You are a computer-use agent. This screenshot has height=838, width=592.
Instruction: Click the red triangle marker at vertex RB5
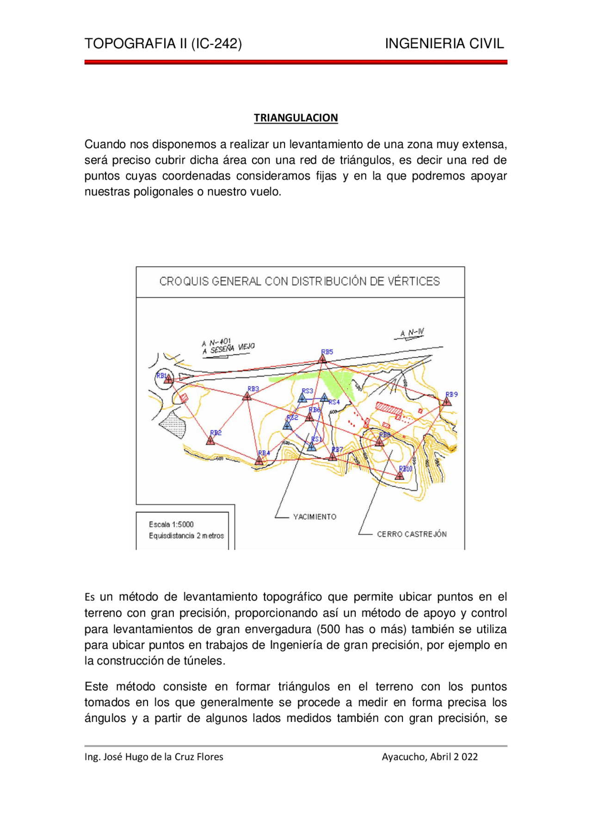pos(322,359)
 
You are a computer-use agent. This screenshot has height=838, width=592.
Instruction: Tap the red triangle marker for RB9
pos(446,402)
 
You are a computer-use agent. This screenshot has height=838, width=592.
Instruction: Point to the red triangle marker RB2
pos(210,441)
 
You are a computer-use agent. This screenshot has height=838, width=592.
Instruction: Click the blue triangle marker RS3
pos(302,398)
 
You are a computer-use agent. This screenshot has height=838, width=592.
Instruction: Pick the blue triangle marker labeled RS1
pos(312,447)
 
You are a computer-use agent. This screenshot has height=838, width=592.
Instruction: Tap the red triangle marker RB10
pos(400,475)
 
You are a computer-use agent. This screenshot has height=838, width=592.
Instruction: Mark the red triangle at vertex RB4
pos(259,460)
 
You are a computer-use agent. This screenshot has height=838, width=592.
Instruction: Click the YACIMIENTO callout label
pos(314,517)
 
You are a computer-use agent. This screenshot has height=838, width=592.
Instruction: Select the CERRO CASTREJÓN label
pos(412,534)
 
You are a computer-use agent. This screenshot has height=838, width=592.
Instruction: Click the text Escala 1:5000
pos(171,524)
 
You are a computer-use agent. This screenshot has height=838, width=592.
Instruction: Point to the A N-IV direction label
pos(412,333)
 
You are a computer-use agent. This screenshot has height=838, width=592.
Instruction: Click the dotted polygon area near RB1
pos(174,424)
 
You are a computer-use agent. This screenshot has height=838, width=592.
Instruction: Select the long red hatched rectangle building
pos(388,408)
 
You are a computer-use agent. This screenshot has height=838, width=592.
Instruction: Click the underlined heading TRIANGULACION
pos(296,118)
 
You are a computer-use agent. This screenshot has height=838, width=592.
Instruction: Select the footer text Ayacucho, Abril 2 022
pos(430,757)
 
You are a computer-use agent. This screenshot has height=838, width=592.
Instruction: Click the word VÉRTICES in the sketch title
pos(413,281)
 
